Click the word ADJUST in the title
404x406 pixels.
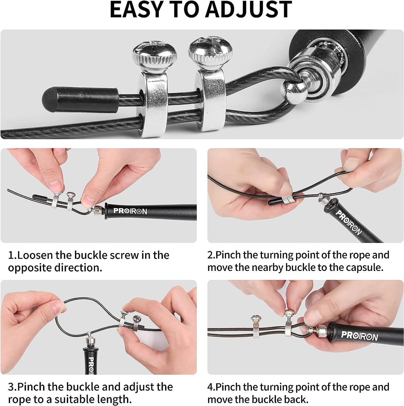point(248,10)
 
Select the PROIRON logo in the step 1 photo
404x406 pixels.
point(130,211)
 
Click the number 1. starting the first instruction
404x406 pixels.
point(12,255)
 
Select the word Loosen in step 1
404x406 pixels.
point(35,255)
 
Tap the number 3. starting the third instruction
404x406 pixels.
point(13,387)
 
